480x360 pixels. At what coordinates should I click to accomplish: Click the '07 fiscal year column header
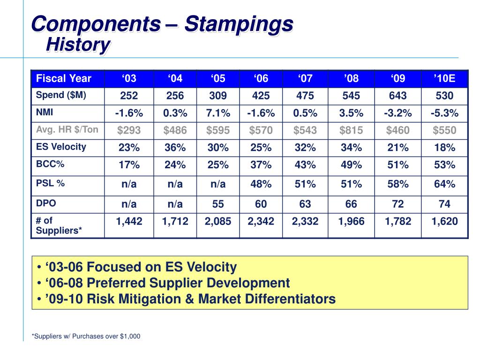(305, 78)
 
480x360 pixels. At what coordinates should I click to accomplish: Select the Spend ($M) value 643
(397, 96)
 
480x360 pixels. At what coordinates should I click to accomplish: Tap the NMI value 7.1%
(218, 113)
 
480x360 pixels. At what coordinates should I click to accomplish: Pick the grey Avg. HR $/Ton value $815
(351, 130)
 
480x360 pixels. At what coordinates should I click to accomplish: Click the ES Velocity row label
(61, 147)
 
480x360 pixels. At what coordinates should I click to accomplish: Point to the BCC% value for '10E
(444, 165)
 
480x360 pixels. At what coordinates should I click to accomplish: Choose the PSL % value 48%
(261, 184)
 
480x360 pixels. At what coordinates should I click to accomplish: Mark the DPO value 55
(218, 204)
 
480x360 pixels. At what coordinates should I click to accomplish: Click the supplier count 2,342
(261, 221)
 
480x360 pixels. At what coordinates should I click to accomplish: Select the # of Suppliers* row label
(59, 225)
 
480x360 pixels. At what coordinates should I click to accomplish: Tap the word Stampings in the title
(239, 24)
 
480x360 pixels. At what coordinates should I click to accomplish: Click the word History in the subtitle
(78, 45)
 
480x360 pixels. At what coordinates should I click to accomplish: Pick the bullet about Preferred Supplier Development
(164, 283)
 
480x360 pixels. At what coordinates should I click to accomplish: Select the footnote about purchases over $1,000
(86, 336)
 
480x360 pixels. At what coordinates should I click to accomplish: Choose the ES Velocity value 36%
(175, 148)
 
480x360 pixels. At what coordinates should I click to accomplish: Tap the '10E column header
(444, 78)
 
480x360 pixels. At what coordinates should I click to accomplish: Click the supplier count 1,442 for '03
(129, 221)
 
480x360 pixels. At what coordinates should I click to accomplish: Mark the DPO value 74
(444, 204)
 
